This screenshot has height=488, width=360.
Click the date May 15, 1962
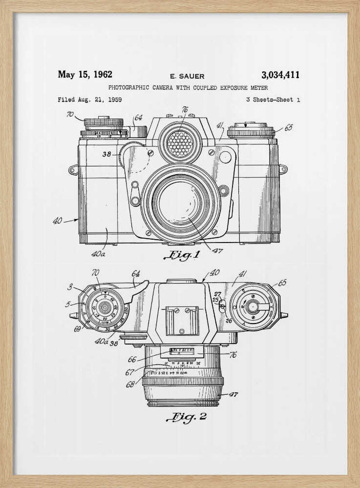85,75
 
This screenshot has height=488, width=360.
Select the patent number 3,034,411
280,75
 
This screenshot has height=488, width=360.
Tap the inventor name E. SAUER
187,76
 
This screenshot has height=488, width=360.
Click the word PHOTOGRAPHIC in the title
129,88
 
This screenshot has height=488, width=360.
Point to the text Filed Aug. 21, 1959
90,100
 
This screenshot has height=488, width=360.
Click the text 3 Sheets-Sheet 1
273,100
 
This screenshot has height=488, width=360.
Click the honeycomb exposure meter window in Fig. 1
180,143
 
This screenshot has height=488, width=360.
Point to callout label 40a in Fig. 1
98,254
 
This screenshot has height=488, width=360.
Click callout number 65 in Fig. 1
288,127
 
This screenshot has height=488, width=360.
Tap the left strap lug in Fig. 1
73,170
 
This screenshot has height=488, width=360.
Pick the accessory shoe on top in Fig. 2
182,320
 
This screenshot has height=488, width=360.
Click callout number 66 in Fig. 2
131,360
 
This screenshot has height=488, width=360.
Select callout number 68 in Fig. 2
130,384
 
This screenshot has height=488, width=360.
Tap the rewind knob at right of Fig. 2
253,306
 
